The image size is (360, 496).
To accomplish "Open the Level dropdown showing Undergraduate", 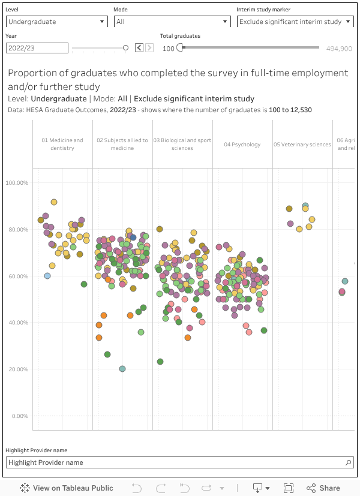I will click(x=56, y=22).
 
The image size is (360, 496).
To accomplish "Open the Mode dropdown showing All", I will click(x=172, y=22).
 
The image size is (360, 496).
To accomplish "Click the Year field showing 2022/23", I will click(x=37, y=48).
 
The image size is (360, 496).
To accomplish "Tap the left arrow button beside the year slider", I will click(x=139, y=48).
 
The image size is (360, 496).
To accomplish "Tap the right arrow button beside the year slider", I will click(x=149, y=48).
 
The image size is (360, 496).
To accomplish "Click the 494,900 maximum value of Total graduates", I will click(x=339, y=49).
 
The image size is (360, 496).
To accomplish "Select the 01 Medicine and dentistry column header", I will click(x=62, y=144).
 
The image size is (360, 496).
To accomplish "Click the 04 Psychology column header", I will click(x=242, y=145).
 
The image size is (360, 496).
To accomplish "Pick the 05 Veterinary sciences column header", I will click(x=302, y=145).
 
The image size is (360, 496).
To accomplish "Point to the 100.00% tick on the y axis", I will click(x=17, y=183).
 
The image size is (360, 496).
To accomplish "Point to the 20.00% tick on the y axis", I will click(x=18, y=369).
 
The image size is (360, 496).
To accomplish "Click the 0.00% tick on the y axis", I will click(x=20, y=416).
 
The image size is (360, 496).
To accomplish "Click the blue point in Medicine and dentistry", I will click(x=47, y=276).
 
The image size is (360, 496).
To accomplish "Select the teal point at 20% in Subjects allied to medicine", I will click(x=122, y=369).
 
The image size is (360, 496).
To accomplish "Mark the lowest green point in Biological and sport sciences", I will click(x=160, y=362).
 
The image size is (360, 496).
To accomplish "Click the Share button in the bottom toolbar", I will click(x=323, y=488).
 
